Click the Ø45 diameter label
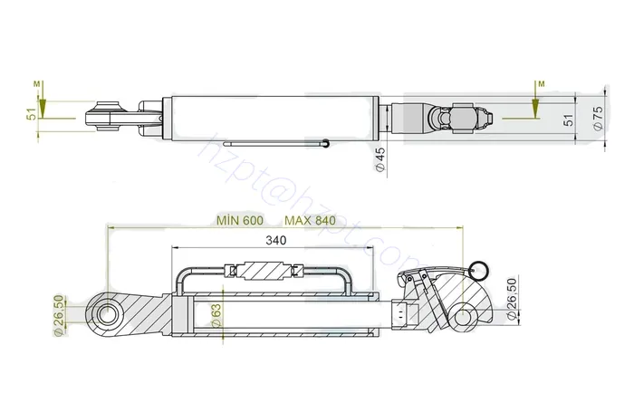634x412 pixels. [x=379, y=159]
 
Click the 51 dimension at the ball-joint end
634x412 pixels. [x=31, y=115]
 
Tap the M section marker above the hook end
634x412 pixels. [x=540, y=84]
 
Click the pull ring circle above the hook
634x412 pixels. [x=478, y=265]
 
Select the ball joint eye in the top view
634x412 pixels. [x=101, y=117]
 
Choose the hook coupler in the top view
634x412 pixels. [x=457, y=118]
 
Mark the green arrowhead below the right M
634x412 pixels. [x=536, y=110]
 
